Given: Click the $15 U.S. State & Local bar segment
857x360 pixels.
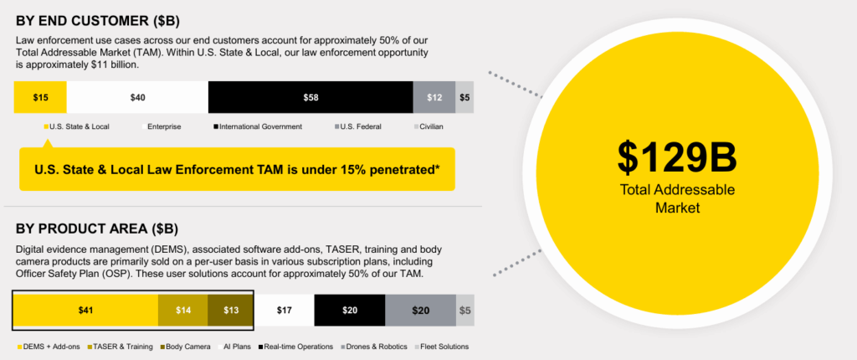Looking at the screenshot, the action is [x=40, y=97].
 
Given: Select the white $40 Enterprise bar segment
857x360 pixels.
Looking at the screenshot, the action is [x=137, y=97].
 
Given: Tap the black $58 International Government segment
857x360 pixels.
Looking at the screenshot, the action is [x=310, y=97].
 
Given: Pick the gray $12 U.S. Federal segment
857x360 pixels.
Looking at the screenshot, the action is [x=434, y=97].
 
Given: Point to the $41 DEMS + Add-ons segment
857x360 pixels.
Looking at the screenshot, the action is [x=86, y=311].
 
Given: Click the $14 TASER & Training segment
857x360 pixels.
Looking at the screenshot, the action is [x=183, y=311].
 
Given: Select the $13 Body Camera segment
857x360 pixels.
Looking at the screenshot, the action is [x=231, y=311].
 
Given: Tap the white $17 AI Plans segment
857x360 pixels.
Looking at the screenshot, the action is [x=285, y=311].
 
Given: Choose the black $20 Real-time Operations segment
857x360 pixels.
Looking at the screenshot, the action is [x=350, y=311].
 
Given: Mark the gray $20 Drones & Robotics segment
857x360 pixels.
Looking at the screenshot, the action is [x=421, y=311].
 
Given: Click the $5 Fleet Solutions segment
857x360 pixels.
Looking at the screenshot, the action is [x=465, y=311].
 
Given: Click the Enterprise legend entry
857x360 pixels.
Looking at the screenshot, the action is [x=162, y=127].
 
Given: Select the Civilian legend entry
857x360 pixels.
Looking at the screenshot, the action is [x=428, y=127].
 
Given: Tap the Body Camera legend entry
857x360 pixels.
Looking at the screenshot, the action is [x=185, y=347].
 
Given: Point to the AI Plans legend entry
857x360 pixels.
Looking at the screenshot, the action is [x=235, y=347].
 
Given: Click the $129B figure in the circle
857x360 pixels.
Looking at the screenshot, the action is [x=677, y=157].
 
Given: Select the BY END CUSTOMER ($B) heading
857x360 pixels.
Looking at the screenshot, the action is [x=98, y=21].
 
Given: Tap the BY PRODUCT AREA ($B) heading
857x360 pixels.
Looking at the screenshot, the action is [x=97, y=229].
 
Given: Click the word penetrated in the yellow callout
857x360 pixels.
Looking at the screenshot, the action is [x=407, y=170].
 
